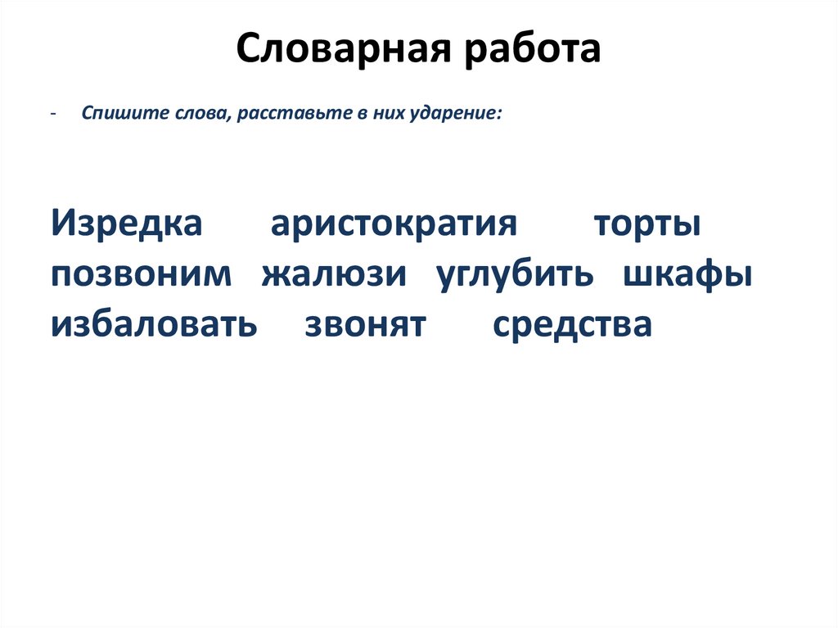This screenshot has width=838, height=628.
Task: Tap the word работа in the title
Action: coord(528,50)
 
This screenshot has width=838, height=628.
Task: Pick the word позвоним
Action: coord(141,275)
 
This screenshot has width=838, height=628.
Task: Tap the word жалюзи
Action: coord(334,275)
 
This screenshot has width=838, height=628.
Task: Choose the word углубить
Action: coord(515,275)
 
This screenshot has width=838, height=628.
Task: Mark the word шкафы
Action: coord(688,275)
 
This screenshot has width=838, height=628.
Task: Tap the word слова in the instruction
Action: coord(204,115)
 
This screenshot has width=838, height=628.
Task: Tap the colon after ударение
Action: coord(500,116)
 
